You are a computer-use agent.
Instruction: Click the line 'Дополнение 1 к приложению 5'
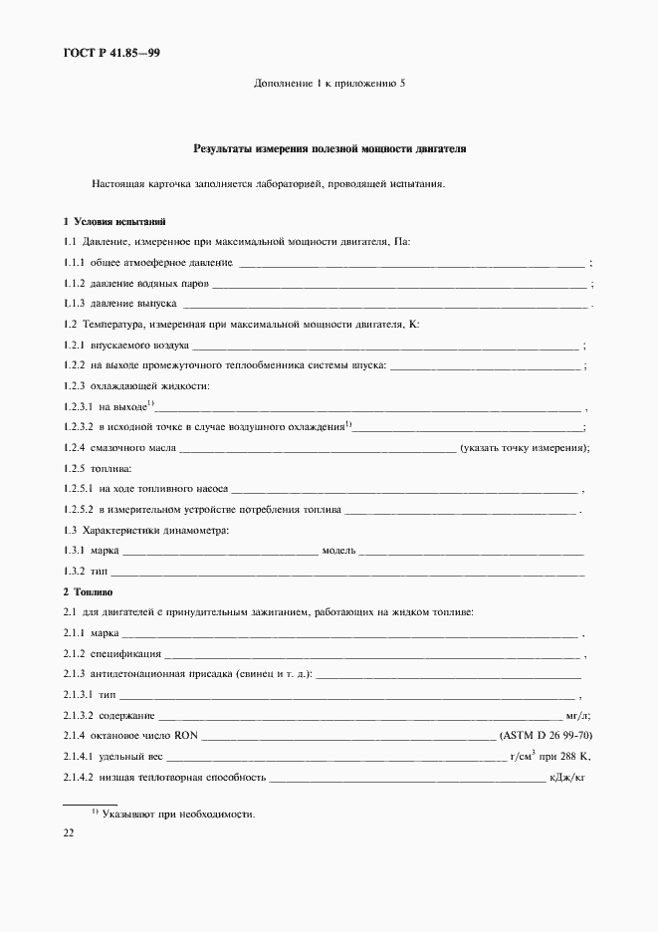pos(329,84)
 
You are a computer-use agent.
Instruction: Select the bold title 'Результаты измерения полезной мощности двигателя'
pos(329,149)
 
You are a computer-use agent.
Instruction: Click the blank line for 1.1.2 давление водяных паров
pos(398,285)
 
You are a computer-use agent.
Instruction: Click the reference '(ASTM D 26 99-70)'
pos(547,735)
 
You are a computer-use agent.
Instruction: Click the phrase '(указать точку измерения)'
pos(525,448)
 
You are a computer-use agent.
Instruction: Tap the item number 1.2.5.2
pos(77,510)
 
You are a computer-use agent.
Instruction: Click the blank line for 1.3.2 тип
pos(347,574)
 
